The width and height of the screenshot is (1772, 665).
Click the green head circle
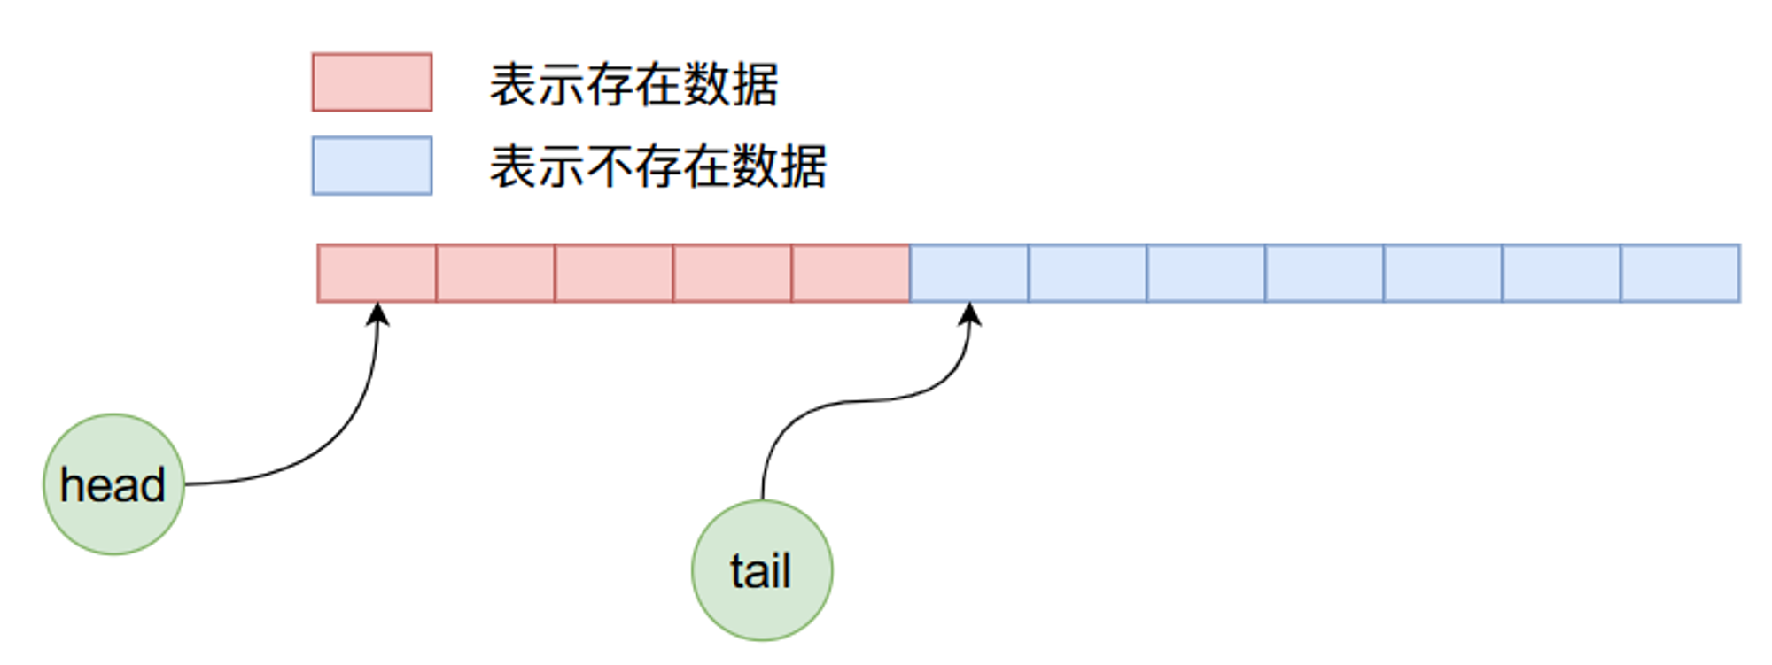pos(113,484)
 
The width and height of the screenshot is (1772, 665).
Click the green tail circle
pos(762,570)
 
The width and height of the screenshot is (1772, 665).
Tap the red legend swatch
pos(372,82)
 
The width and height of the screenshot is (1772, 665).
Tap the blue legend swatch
pos(372,166)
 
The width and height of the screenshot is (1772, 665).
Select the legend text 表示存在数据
pos(634,85)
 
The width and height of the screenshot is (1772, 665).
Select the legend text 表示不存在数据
pos(658,166)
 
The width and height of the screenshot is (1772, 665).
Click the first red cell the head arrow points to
pos(377,274)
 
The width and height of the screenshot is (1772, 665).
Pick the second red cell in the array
pos(495,274)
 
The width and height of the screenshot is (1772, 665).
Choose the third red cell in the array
pos(614,274)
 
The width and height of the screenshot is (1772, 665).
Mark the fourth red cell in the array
pos(733,274)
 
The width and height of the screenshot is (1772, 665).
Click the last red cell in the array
pos(851,274)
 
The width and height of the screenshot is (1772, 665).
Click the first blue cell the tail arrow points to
pos(969,274)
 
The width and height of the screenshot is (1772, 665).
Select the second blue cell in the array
pos(1088,274)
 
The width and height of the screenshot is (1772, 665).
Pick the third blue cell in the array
pos(1207,274)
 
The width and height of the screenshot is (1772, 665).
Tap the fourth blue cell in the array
pos(1325,274)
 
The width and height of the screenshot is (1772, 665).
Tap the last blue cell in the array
pos(1681,274)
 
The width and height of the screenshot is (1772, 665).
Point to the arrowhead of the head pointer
pos(378,305)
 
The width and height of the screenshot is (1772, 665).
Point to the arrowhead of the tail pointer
pos(970,305)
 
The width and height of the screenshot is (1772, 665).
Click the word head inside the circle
pos(113,485)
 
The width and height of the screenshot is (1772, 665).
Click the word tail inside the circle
pos(760,570)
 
